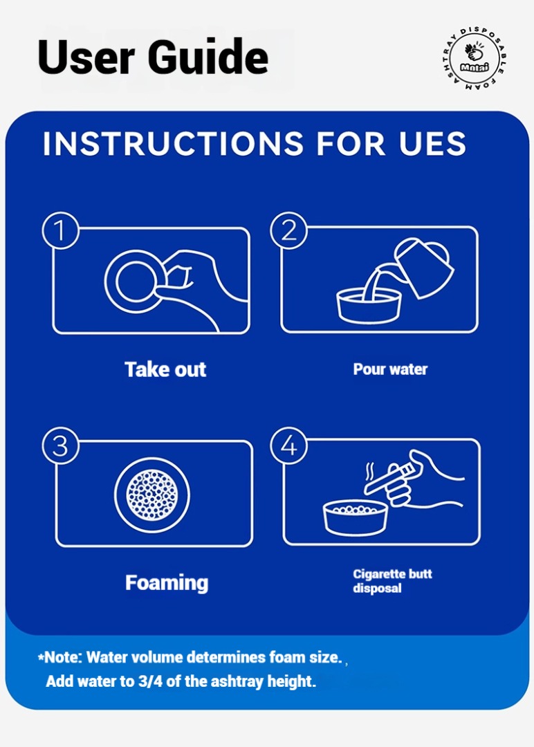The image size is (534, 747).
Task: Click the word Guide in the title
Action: (208, 57)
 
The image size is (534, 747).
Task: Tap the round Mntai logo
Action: (474, 59)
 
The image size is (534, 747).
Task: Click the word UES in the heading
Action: (432, 143)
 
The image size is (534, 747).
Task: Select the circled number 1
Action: (60, 230)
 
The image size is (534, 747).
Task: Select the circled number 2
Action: (288, 230)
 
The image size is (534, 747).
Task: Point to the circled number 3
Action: (60, 446)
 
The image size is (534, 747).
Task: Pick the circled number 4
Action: (288, 445)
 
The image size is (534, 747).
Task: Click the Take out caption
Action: (165, 369)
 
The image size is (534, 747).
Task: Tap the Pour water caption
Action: (390, 369)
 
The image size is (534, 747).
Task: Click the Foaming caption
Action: (167, 583)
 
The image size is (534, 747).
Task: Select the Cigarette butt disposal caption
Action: (392, 581)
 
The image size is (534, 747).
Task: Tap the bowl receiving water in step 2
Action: (369, 306)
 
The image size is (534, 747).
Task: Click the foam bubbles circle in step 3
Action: (152, 495)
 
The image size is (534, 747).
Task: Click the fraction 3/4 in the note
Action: (150, 681)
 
